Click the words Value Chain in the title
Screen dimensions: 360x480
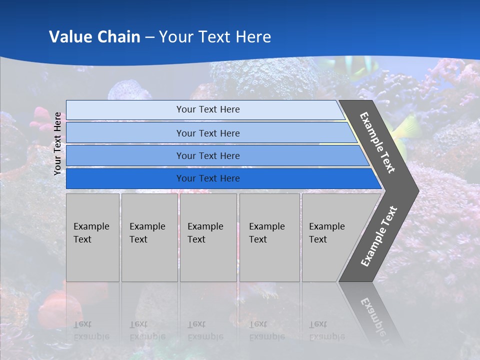94,37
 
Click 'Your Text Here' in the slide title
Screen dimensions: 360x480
215,37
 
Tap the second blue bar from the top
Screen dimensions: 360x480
208,133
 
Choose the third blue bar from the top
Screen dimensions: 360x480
208,155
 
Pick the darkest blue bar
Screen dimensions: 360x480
208,178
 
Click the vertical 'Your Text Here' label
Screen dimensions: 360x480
58,143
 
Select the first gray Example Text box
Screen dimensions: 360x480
92,237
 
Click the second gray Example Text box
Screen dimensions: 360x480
149,237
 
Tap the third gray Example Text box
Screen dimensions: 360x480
208,237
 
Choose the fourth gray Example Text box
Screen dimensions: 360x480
269,237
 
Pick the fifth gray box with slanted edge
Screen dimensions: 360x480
330,237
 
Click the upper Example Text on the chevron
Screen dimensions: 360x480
377,142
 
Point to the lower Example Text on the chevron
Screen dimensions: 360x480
379,236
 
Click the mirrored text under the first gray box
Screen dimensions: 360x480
91,330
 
